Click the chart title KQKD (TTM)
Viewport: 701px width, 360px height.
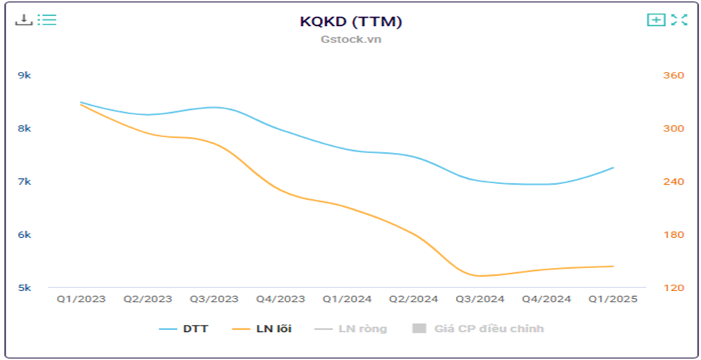tap(350, 22)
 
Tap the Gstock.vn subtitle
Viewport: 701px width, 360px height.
tap(350, 39)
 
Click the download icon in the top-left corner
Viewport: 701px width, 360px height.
tap(24, 19)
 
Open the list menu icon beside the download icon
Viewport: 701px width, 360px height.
tap(47, 19)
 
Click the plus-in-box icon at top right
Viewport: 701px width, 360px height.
tap(656, 20)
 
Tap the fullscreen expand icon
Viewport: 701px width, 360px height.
tap(679, 20)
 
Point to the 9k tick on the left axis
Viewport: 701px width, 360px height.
tap(24, 75)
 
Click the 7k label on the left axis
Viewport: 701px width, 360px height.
tap(24, 182)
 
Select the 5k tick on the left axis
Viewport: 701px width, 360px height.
tap(24, 288)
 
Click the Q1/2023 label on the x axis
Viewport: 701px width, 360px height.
tap(81, 300)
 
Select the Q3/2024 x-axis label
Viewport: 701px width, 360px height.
tap(480, 300)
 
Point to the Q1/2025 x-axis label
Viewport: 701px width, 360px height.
tap(613, 300)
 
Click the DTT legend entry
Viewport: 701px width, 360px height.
tap(184, 329)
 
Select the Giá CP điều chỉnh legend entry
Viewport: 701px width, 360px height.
tap(477, 329)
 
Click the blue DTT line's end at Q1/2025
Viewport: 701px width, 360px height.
tap(613, 168)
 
